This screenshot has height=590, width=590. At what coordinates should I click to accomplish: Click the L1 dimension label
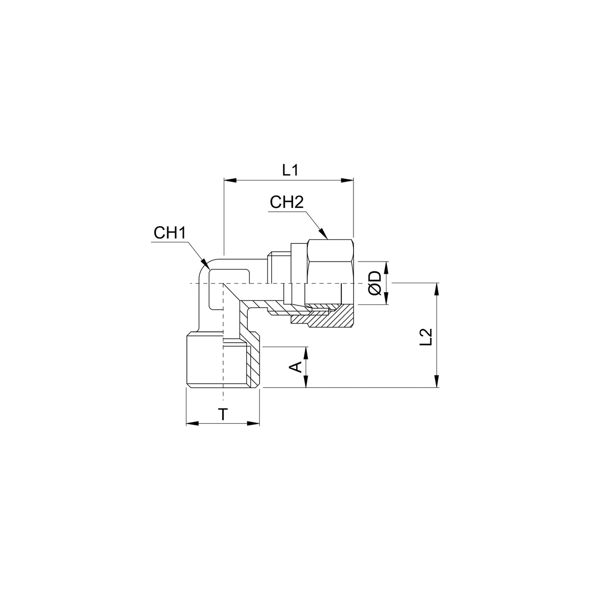pyautogui.click(x=290, y=170)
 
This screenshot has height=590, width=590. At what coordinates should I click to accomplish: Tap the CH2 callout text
pyautogui.click(x=287, y=203)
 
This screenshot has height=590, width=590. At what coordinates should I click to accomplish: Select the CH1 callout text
pyautogui.click(x=170, y=233)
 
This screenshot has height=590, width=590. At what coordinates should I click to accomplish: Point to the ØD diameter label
pyautogui.click(x=375, y=283)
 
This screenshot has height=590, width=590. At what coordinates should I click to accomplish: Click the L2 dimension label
pyautogui.click(x=426, y=337)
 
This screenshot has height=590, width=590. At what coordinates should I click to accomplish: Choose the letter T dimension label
pyautogui.click(x=223, y=414)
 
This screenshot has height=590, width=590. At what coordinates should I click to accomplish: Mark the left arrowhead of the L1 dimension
pyautogui.click(x=230, y=180)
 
